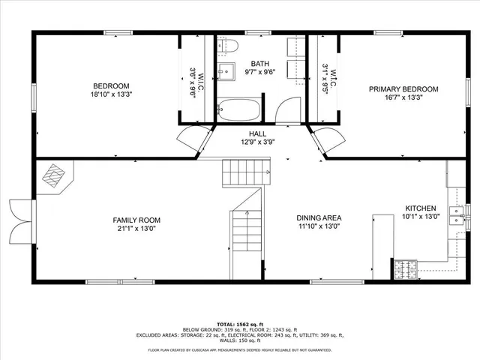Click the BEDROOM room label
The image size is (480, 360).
pos(111,85)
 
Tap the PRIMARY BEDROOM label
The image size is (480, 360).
pos(403,88)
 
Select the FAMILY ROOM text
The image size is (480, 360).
pos(136,220)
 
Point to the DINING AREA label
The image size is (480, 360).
pos(319,217)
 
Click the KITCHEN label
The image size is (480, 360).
pos(420,208)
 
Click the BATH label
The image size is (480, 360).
pos(260,64)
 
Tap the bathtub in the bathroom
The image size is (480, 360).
pos(238,111)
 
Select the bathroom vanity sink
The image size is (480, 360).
pos(226,72)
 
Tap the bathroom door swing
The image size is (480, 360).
pos(287,111)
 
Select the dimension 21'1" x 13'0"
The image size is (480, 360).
pos(136,229)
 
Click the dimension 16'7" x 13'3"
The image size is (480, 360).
pos(403,97)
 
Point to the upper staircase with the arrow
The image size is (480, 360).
pos(244,177)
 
